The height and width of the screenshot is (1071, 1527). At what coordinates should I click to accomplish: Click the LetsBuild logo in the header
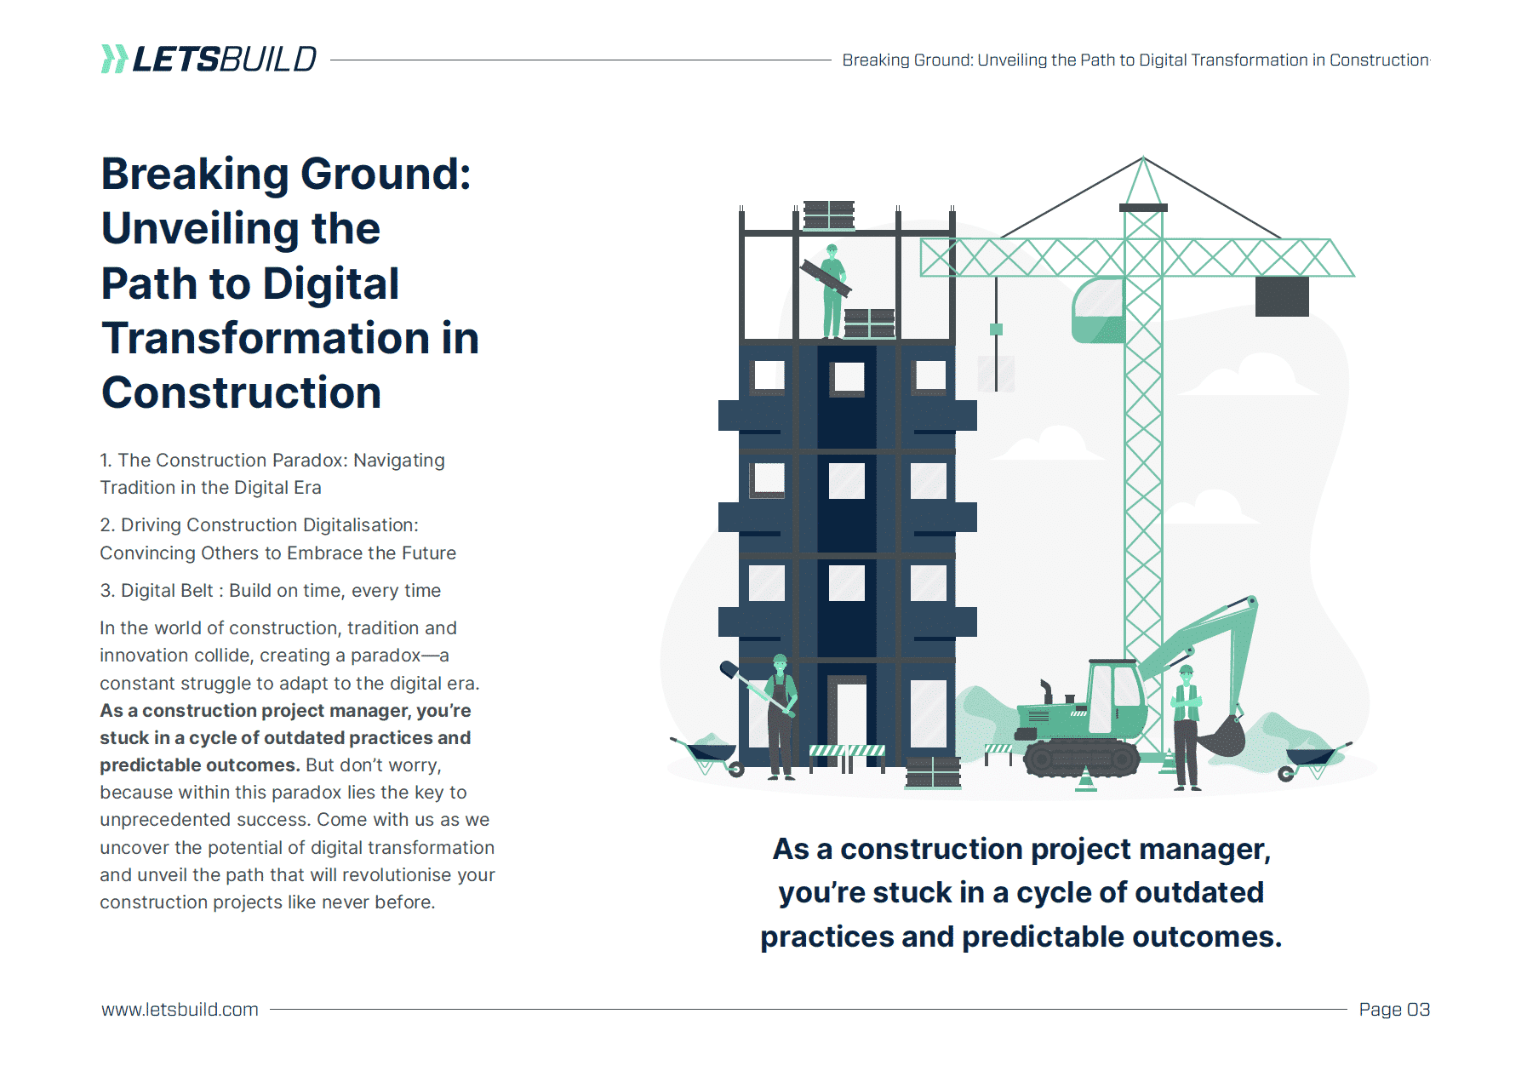click(x=209, y=59)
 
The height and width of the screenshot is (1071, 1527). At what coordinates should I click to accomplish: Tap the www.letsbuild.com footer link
click(x=180, y=1010)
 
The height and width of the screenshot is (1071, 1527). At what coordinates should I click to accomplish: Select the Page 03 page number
click(x=1394, y=1010)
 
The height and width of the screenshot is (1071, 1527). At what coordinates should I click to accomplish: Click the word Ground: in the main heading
click(x=386, y=175)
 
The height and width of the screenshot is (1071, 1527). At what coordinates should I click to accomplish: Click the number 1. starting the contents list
click(x=106, y=461)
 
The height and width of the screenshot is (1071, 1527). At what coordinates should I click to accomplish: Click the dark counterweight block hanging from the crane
click(x=1282, y=296)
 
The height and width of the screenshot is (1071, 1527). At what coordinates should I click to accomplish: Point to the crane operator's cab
click(x=1098, y=310)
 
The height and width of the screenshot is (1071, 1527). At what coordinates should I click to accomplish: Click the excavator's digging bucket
click(x=1222, y=737)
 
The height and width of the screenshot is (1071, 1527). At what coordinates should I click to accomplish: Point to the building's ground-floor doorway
click(x=849, y=713)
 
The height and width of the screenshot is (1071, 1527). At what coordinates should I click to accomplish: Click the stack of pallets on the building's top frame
click(x=828, y=215)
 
